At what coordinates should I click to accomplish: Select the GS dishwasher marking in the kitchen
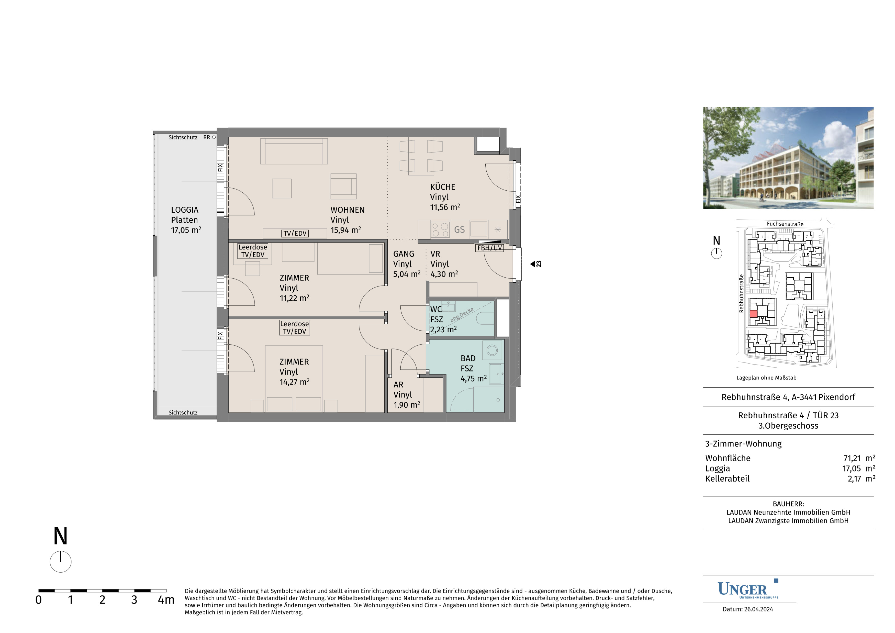(x=459, y=230)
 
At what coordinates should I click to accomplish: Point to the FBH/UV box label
(x=490, y=248)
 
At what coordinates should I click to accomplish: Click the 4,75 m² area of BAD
(x=474, y=379)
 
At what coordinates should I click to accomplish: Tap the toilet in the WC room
(x=485, y=318)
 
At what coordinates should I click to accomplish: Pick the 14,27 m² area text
(x=294, y=382)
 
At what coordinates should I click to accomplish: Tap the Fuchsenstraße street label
(x=785, y=224)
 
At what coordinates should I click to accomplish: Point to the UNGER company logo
(x=748, y=589)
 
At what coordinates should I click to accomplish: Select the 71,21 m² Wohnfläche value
(x=859, y=458)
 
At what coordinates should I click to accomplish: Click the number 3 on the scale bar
(x=134, y=600)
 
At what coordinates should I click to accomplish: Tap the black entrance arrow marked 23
(x=533, y=264)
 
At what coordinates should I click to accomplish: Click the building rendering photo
(x=788, y=158)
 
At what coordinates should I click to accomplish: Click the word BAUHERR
(x=788, y=504)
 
